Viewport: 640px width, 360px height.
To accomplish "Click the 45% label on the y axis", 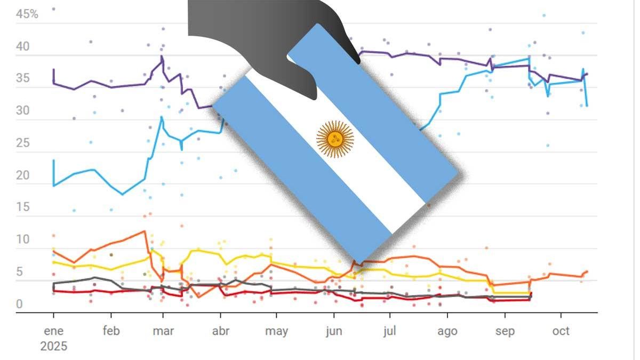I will [27, 14].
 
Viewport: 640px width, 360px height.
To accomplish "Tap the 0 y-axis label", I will [20, 304].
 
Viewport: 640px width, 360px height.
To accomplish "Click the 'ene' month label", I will [53, 331].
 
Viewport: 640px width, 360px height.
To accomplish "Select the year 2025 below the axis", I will [53, 347].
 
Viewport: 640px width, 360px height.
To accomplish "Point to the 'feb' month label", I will [111, 331].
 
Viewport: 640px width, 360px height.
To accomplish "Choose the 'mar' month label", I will [163, 331].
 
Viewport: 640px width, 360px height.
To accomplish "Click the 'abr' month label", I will [221, 331].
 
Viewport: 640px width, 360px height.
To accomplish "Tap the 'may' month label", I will [277, 331].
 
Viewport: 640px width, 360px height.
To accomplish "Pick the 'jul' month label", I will [390, 331].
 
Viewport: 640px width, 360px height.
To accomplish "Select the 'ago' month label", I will [447, 331].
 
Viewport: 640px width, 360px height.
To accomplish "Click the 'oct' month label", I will [561, 331].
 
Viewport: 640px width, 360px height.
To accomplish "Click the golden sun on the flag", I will [335, 139].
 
